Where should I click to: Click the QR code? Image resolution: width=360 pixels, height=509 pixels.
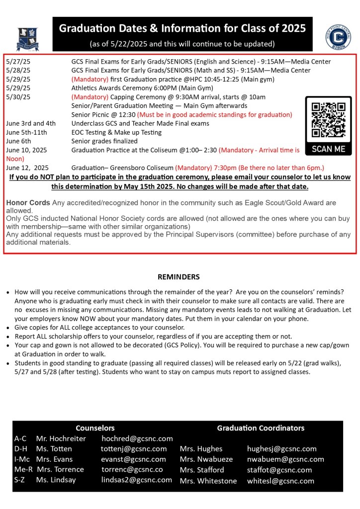pyautogui.click(x=328, y=120)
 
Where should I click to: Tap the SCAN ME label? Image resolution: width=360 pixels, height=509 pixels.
pyautogui.click(x=328, y=149)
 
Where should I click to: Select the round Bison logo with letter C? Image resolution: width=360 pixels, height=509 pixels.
pyautogui.click(x=338, y=37)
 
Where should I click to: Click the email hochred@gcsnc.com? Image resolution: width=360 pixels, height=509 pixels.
pyautogui.click(x=137, y=438)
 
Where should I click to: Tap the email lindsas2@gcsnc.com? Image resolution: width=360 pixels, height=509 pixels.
pyautogui.click(x=137, y=480)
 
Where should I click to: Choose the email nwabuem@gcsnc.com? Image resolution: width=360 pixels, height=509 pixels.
pyautogui.click(x=285, y=459)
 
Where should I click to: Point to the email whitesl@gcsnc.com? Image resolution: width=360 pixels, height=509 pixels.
pyautogui.click(x=280, y=481)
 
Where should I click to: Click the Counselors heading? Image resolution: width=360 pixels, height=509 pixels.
pyautogui.click(x=95, y=428)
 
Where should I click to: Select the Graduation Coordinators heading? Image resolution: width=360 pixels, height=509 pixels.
pyautogui.click(x=261, y=428)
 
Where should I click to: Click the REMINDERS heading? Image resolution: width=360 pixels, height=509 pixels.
pyautogui.click(x=179, y=276)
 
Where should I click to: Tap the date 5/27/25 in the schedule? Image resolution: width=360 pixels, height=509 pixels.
pyautogui.click(x=18, y=62)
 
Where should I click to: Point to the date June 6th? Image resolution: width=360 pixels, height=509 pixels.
pyautogui.click(x=19, y=141)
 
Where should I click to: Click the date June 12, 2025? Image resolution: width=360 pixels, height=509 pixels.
pyautogui.click(x=27, y=168)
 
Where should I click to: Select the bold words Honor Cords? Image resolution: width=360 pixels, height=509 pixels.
pyautogui.click(x=28, y=203)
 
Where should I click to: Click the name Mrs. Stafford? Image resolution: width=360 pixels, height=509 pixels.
pyautogui.click(x=202, y=470)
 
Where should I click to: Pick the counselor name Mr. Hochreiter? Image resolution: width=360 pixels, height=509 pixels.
pyautogui.click(x=61, y=438)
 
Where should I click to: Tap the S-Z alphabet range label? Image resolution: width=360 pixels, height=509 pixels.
pyautogui.click(x=20, y=480)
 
